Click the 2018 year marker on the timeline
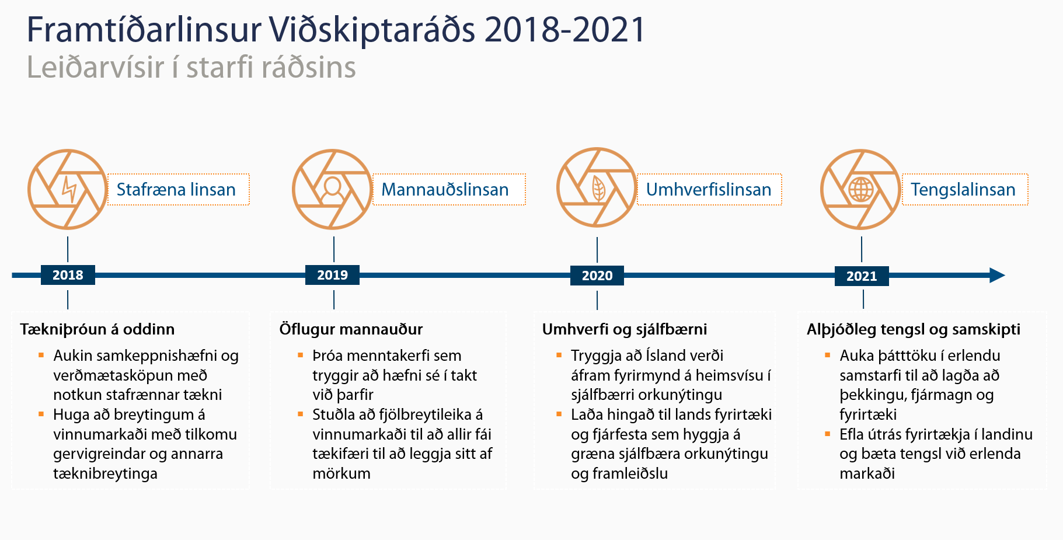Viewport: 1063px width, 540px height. (x=68, y=275)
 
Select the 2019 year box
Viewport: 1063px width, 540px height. (x=332, y=275)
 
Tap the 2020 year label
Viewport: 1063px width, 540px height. (x=597, y=276)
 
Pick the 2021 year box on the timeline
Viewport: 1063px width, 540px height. (x=862, y=276)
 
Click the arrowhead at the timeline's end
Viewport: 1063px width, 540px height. (x=997, y=276)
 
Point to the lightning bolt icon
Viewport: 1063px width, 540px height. (x=69, y=189)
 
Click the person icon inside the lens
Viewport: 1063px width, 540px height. (x=332, y=190)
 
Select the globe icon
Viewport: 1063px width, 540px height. (x=861, y=189)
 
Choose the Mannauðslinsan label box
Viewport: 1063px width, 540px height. (x=449, y=189)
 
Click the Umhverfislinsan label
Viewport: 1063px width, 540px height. (x=709, y=189)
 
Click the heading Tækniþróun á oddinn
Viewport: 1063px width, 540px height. (x=97, y=329)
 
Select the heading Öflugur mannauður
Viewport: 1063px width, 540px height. (x=351, y=329)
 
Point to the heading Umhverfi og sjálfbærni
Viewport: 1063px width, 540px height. (x=625, y=329)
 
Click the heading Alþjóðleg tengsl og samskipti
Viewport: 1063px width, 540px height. (x=914, y=329)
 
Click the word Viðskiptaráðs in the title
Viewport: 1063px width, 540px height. (x=372, y=30)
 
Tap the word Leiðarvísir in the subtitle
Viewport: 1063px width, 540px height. (x=96, y=67)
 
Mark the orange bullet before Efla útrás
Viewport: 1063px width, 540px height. (x=828, y=434)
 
